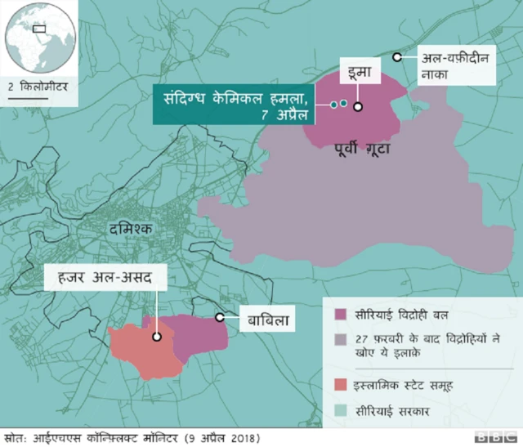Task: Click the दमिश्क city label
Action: tap(130, 230)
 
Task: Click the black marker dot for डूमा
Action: tap(358, 105)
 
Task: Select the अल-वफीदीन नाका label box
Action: tap(454, 66)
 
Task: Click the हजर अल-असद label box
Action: tap(106, 279)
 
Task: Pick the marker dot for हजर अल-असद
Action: tap(155, 336)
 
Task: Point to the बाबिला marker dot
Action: tap(219, 317)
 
